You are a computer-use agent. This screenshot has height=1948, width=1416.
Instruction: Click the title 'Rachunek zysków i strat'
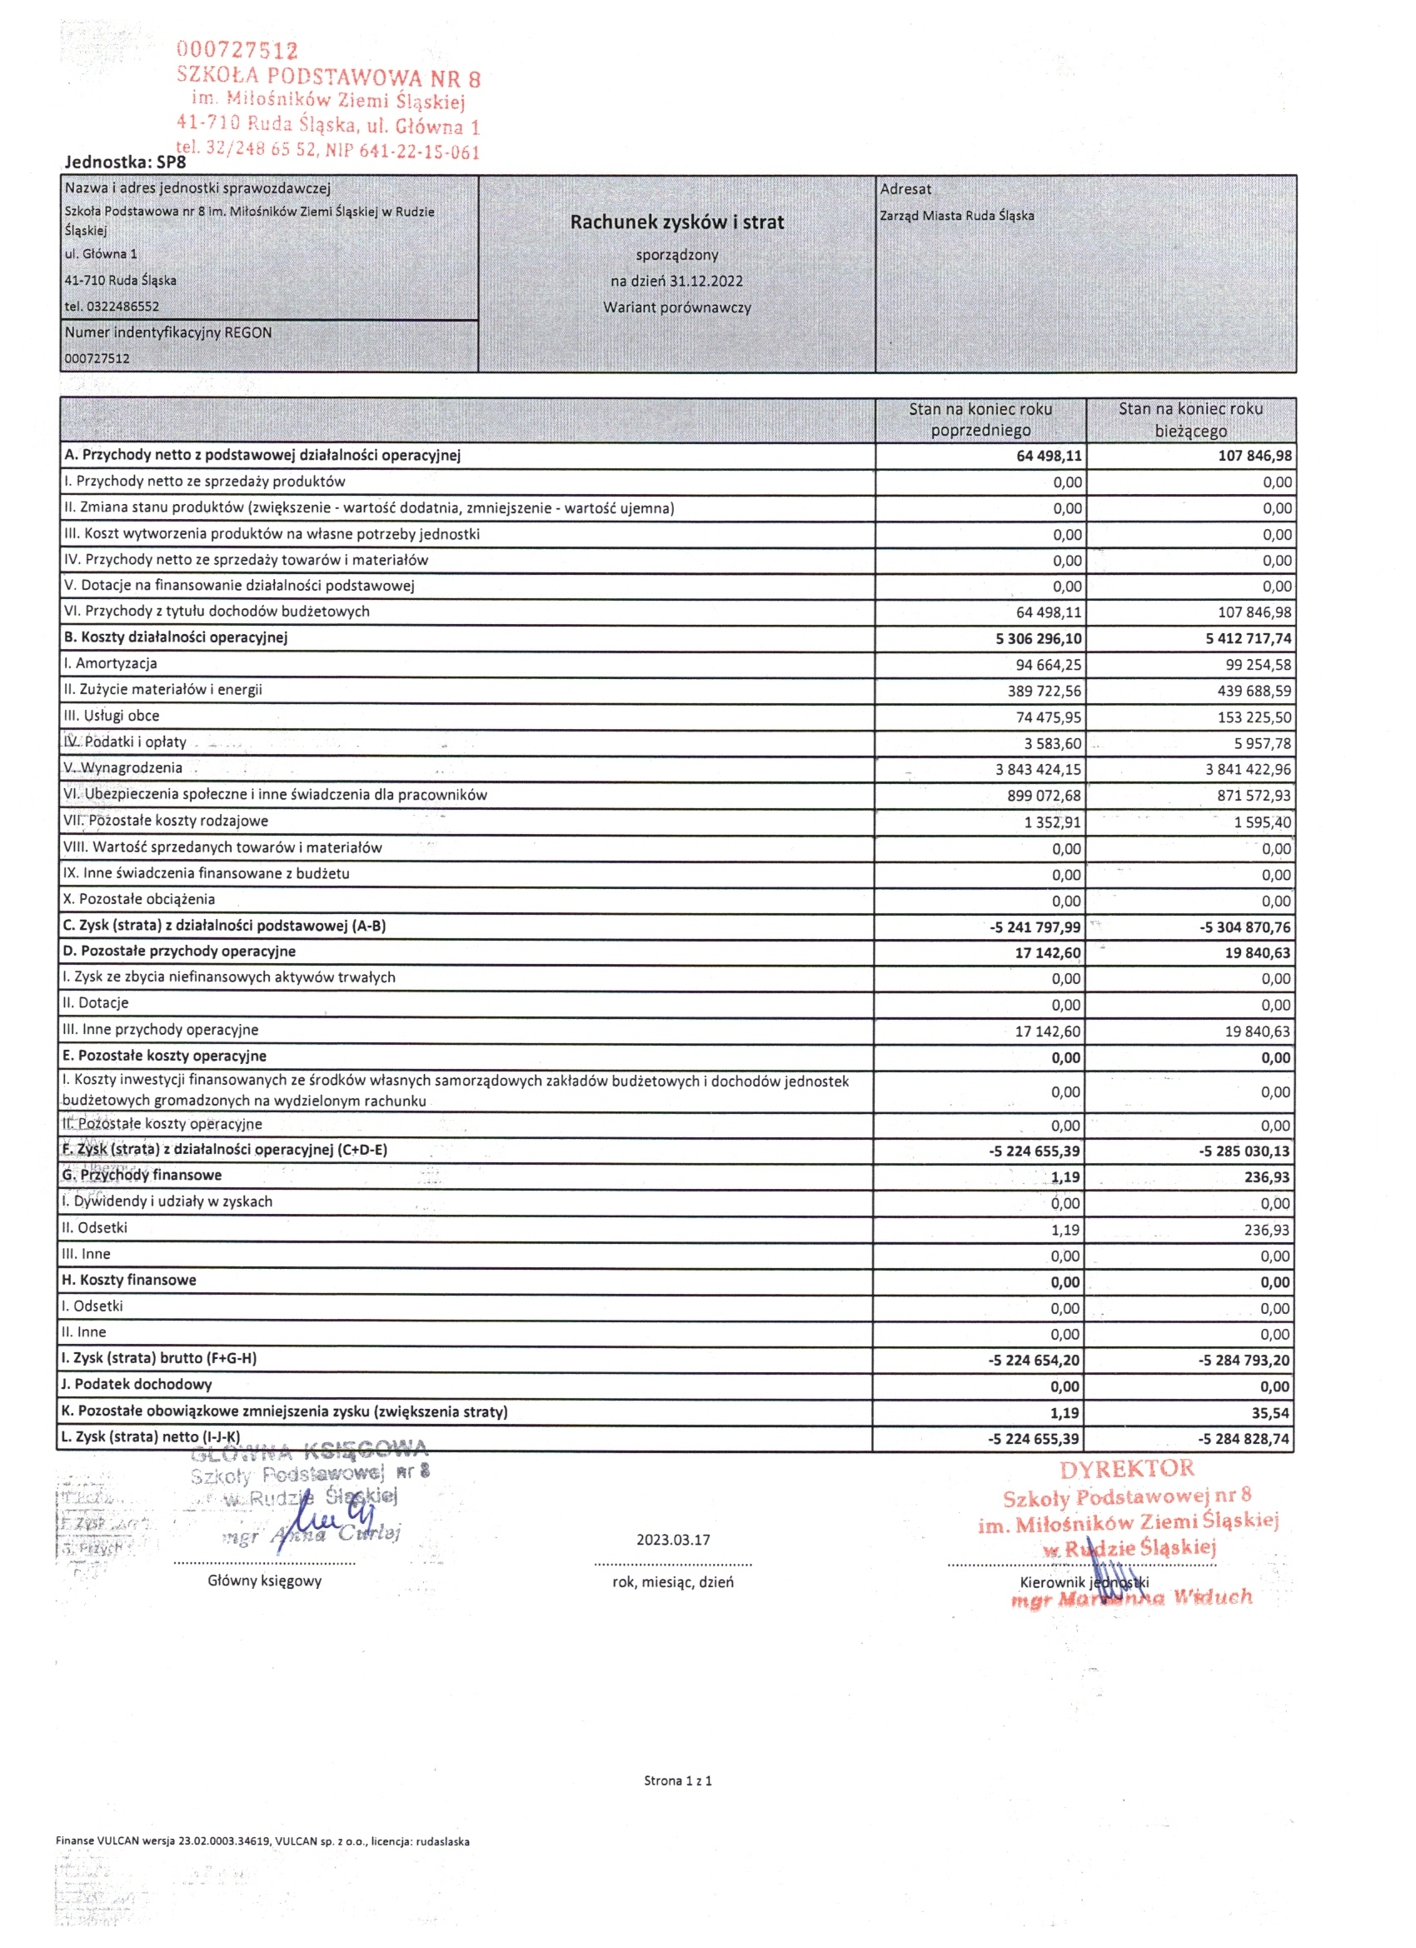coord(676,222)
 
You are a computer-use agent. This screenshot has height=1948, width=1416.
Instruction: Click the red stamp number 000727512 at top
coord(237,51)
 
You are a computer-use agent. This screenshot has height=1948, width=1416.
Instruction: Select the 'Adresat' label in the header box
coord(905,189)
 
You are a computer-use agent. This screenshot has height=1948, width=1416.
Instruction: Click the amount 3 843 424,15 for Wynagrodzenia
coord(1038,769)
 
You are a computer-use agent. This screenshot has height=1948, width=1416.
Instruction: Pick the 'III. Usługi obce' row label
coord(112,716)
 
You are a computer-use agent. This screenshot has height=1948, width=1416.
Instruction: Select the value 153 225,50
coord(1254,717)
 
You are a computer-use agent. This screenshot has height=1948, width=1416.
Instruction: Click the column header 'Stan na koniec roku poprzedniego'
coord(980,419)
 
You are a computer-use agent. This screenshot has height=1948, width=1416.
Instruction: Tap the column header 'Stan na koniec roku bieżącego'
coord(1190,419)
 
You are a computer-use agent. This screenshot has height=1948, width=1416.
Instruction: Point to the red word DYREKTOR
coord(1127,1469)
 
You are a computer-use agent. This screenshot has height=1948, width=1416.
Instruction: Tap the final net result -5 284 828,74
coord(1244,1439)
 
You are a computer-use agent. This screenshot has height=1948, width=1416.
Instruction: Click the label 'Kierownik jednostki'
coord(1084,1582)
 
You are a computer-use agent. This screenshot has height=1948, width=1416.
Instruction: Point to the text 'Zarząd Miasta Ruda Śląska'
coord(956,216)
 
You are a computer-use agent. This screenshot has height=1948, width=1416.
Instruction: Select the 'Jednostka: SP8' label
coord(124,162)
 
